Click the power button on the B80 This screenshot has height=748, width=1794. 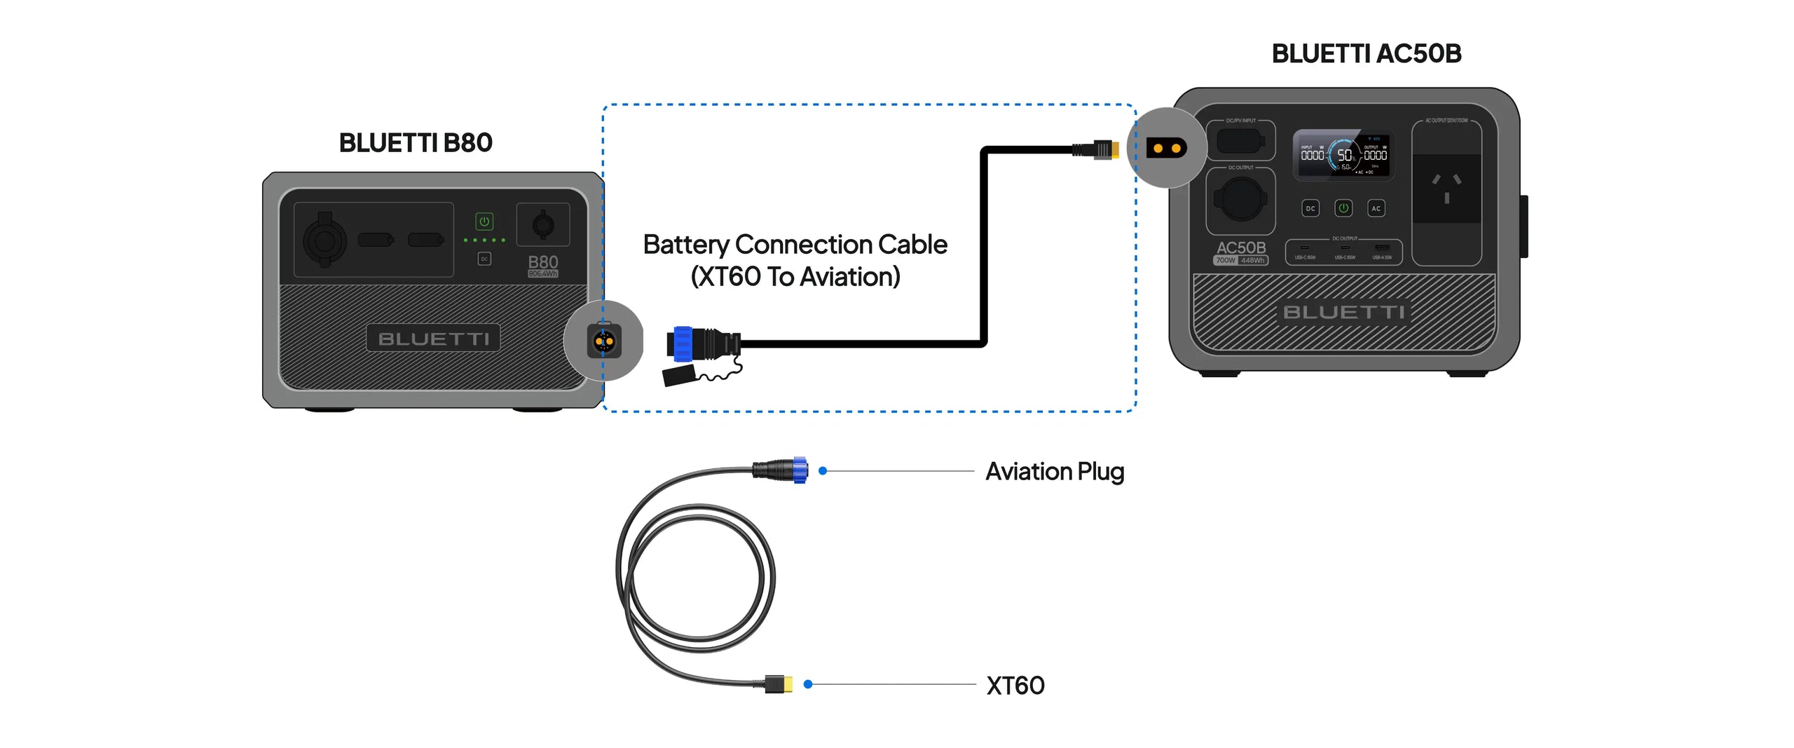point(484,222)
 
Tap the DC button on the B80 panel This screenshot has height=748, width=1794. point(484,259)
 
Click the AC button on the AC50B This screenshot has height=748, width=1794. point(1376,208)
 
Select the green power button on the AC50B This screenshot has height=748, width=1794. point(1343,208)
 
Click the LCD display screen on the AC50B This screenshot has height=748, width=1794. point(1342,154)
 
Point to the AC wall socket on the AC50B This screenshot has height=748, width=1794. point(1446,189)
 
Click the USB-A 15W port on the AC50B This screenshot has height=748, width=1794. point(1382,249)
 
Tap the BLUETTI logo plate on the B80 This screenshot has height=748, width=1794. point(433,339)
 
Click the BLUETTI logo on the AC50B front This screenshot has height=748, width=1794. point(1343,312)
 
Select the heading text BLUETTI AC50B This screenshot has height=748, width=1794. point(1366,54)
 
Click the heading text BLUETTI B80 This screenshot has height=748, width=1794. point(416,143)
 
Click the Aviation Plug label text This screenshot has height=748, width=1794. point(1054,472)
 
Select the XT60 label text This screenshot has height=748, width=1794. point(1015,685)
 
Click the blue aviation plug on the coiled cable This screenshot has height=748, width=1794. point(799,470)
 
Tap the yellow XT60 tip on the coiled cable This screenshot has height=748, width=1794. point(788,684)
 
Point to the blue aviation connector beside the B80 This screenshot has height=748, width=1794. point(683,344)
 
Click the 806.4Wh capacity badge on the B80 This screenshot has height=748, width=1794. point(543,273)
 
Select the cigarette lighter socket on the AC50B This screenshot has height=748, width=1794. point(1240,199)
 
